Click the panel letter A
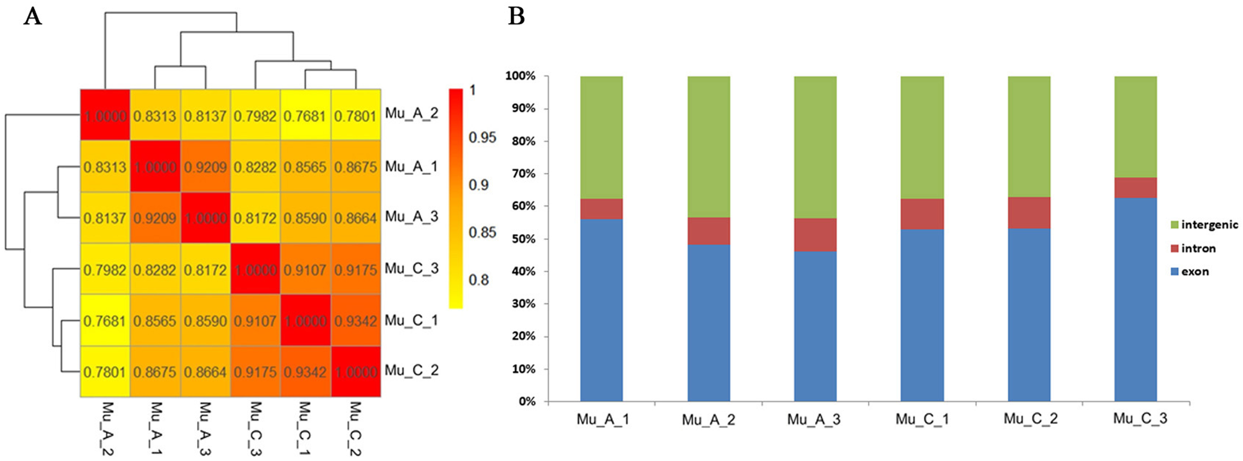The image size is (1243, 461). (32, 16)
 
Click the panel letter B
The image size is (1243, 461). (516, 16)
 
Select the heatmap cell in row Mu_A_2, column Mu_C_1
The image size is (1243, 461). (305, 116)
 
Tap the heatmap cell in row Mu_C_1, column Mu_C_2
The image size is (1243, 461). (355, 321)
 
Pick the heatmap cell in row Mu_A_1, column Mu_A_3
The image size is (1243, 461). (205, 167)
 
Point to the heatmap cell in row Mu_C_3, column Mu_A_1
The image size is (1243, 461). (155, 270)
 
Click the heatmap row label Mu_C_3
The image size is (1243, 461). (411, 269)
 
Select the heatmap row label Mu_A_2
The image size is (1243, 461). (411, 113)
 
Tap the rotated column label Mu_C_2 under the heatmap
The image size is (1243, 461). (355, 428)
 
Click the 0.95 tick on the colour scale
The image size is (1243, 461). (482, 138)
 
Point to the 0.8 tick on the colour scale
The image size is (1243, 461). (478, 280)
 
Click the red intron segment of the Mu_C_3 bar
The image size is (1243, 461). (1135, 188)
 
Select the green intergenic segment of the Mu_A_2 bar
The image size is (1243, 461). (709, 147)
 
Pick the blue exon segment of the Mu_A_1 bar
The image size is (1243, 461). (601, 310)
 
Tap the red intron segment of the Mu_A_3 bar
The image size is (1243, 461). (815, 235)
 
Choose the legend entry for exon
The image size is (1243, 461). (1194, 272)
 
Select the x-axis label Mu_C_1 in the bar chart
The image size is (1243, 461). (922, 419)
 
